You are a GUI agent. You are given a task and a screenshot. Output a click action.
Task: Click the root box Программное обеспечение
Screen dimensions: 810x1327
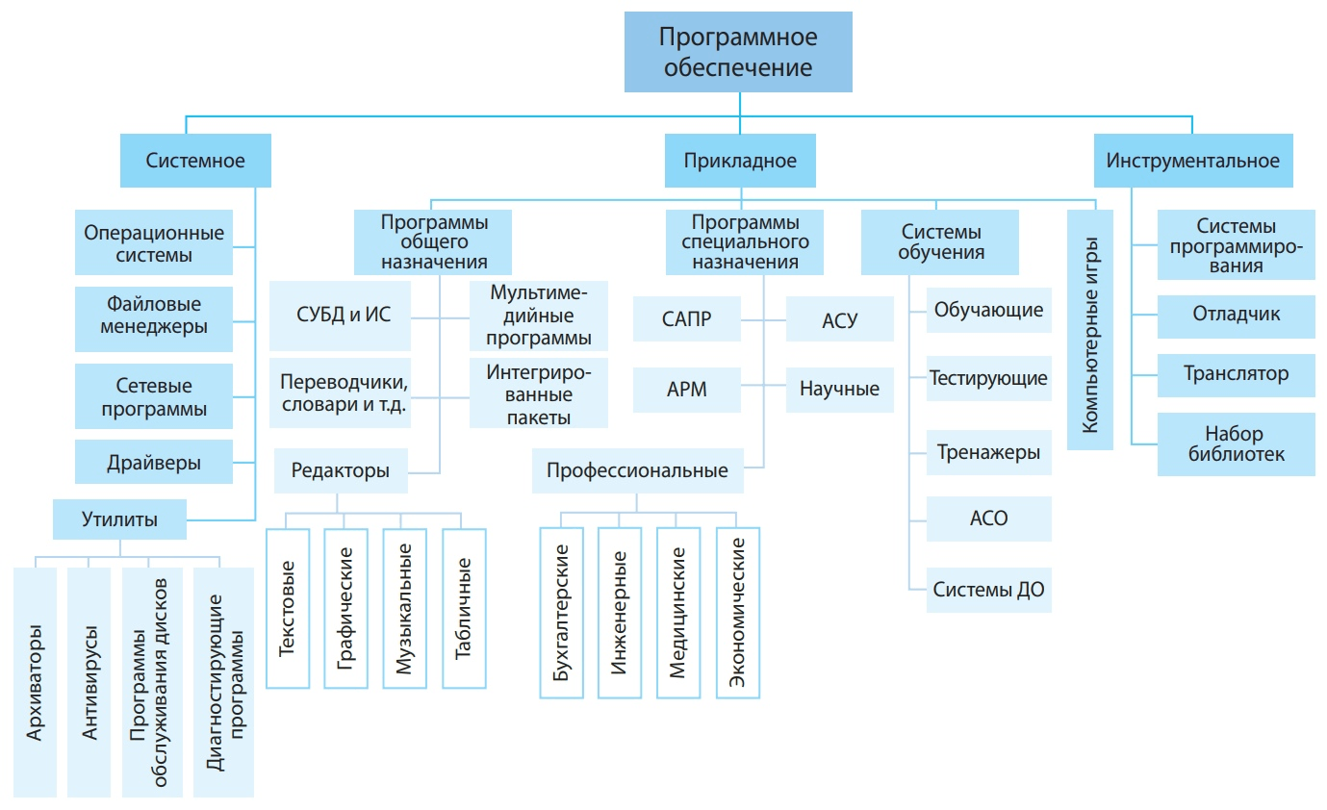[x=738, y=53]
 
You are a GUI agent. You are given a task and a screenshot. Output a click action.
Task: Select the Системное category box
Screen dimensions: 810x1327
[x=195, y=161]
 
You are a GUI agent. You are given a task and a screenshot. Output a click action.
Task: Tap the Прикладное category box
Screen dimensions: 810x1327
[x=740, y=161]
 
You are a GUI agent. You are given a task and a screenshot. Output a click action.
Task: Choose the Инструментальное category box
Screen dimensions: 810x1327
[x=1193, y=161]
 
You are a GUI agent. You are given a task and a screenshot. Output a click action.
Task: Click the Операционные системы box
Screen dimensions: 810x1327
[x=154, y=244]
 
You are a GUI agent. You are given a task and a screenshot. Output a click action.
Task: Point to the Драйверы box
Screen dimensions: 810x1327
[x=154, y=463]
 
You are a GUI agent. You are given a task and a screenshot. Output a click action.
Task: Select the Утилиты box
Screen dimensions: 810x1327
[x=119, y=520]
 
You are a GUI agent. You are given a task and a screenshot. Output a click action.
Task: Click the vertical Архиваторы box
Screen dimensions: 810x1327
[x=36, y=682]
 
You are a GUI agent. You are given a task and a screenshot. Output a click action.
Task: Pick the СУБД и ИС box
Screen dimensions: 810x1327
[x=344, y=315]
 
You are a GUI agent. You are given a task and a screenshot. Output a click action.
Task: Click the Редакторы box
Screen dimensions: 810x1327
[x=341, y=470]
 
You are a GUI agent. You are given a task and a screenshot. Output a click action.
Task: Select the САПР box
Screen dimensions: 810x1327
[x=687, y=319]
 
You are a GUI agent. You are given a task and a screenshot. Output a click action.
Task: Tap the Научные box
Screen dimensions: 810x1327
[x=839, y=390]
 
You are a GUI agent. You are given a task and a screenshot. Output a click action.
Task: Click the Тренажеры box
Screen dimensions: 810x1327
[x=988, y=452]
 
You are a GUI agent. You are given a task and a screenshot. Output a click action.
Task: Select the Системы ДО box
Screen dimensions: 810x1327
[x=988, y=590]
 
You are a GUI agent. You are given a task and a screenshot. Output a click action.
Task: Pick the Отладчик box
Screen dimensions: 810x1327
[x=1236, y=315]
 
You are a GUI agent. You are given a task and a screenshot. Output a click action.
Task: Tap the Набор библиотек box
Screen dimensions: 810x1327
[x=1236, y=443]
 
